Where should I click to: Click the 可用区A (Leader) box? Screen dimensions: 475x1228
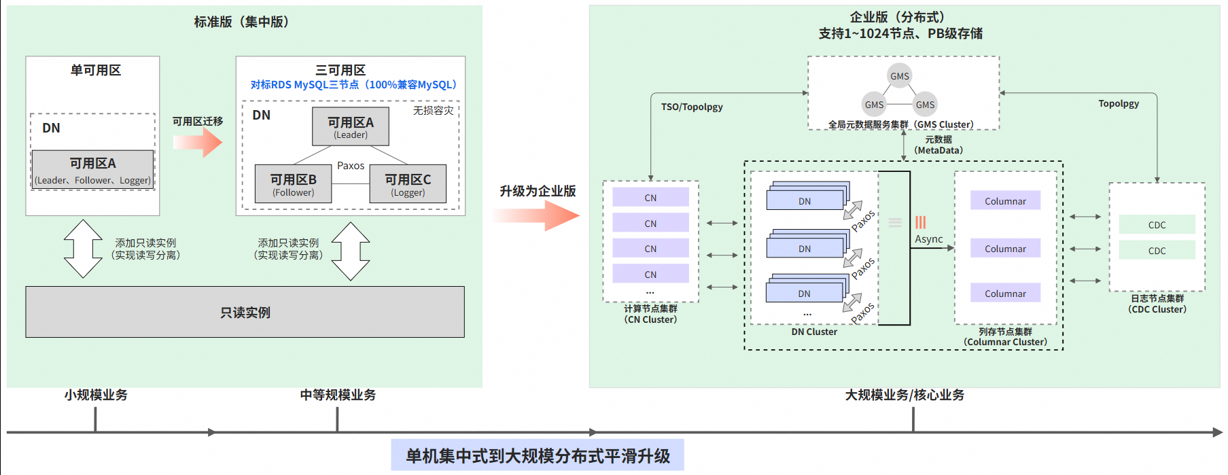point(351,127)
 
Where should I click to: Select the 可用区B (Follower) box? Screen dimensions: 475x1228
point(293,184)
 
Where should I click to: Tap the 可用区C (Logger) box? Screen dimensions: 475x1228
point(408,184)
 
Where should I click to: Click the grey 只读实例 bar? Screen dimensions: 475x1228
point(245,312)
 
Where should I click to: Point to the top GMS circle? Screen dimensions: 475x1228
point(900,76)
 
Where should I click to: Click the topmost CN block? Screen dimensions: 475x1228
point(650,198)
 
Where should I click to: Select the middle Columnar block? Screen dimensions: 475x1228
point(1005,249)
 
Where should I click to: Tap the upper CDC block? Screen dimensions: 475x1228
point(1157,225)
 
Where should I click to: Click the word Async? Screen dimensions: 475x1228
point(928,239)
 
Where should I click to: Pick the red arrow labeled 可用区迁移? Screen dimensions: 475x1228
point(198,142)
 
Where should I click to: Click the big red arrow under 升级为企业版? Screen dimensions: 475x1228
point(537,216)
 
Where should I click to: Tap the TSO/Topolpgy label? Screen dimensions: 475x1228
point(692,107)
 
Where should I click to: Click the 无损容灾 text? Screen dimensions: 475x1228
point(433,110)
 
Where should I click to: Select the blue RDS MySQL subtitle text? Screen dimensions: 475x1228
point(353,85)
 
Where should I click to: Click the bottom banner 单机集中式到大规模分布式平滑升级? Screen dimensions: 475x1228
point(538,455)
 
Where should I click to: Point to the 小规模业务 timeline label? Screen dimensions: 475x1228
point(96,395)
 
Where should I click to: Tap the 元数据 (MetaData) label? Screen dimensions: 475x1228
point(938,145)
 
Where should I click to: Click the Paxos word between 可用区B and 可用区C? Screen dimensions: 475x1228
point(351,166)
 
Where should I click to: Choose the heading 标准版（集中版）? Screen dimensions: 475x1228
point(242,22)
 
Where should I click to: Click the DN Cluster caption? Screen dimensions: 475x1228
point(814,332)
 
